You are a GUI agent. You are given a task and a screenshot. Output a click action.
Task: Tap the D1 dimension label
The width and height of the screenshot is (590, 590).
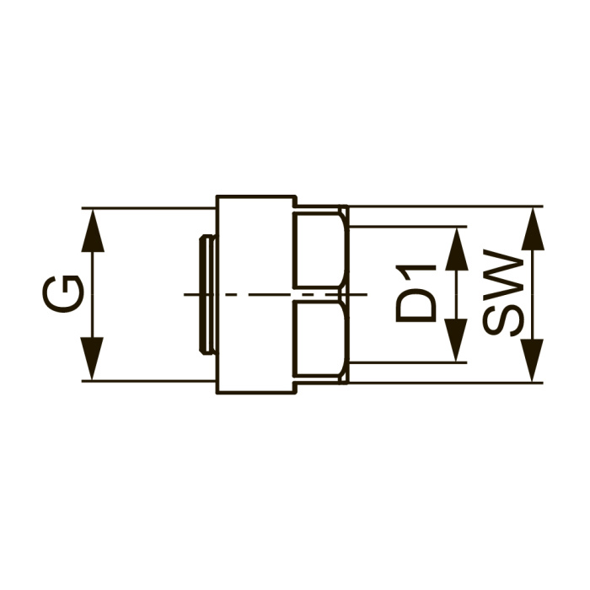pos(416,293)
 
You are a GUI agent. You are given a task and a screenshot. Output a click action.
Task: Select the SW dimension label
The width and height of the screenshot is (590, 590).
pos(503,292)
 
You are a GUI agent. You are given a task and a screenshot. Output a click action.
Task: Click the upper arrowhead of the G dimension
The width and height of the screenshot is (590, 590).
pos(93,230)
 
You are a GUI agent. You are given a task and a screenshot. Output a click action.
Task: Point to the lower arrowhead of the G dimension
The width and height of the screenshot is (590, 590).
pos(93,358)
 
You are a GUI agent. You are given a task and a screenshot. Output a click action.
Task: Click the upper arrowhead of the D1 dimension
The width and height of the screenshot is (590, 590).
pos(457,249)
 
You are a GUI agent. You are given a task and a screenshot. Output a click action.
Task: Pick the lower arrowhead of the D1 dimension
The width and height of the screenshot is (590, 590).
pos(457,341)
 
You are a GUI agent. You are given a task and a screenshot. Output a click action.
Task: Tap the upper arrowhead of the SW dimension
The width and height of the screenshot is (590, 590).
pos(533,229)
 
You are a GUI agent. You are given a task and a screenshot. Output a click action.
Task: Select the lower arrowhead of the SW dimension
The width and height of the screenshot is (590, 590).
pos(533,360)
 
